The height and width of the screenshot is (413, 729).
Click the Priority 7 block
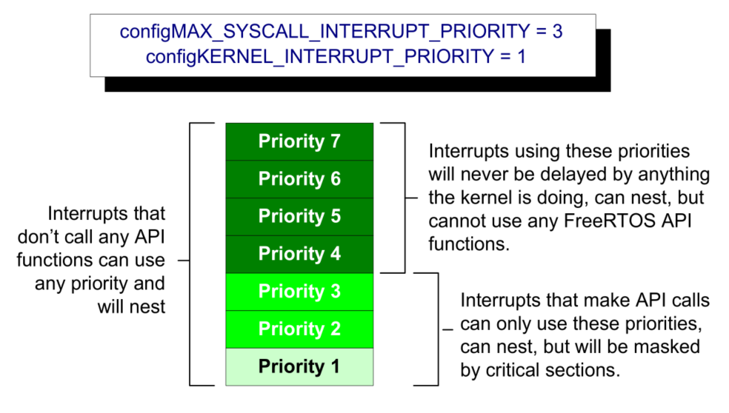(x=299, y=141)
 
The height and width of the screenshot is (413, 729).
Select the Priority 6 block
(x=299, y=179)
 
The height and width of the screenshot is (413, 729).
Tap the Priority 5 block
(x=299, y=217)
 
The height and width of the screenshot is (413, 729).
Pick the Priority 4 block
(x=299, y=255)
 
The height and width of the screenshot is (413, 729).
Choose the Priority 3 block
(x=299, y=292)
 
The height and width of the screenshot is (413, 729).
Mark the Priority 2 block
(x=299, y=329)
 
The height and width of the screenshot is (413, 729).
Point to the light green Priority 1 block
(x=299, y=367)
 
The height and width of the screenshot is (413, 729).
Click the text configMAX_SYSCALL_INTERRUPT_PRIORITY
(x=324, y=32)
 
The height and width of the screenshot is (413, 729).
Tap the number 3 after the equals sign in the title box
(x=557, y=32)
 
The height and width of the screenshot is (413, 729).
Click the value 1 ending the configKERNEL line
(x=521, y=57)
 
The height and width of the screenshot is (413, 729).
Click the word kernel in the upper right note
(x=490, y=198)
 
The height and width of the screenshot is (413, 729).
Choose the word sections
(x=583, y=370)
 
